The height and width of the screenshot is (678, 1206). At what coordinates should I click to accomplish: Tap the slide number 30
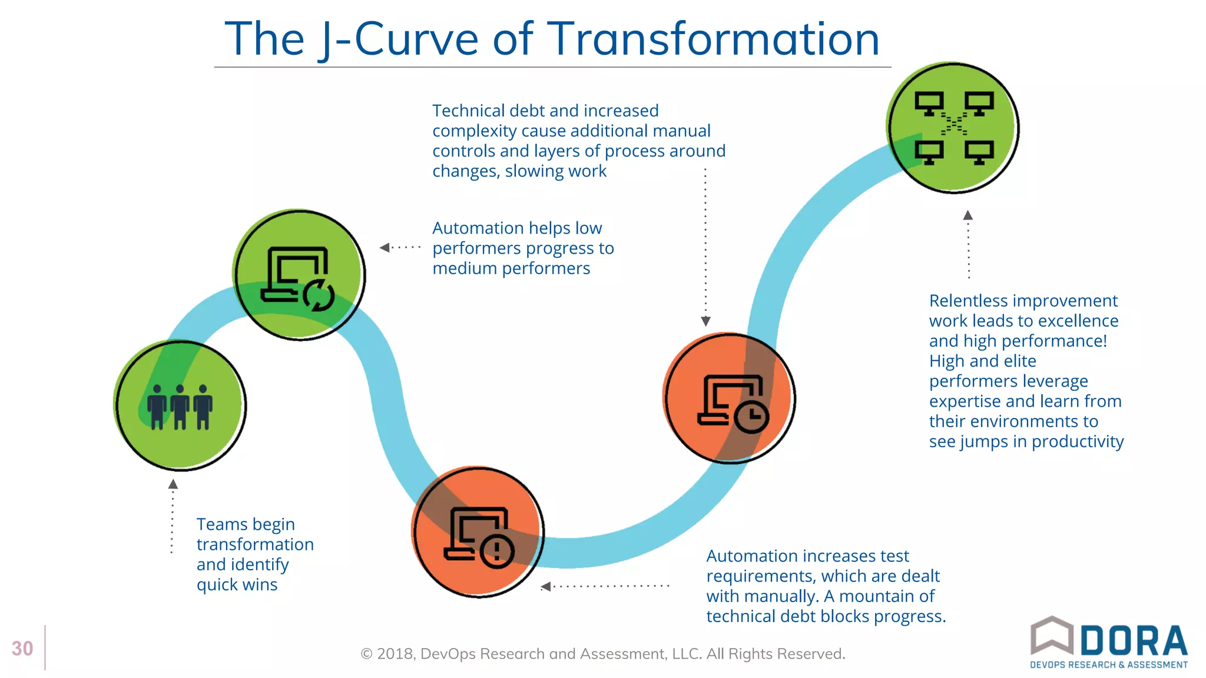point(22,649)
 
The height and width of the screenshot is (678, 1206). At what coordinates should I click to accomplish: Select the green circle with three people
point(180,405)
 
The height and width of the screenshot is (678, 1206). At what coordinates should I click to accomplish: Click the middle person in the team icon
point(180,406)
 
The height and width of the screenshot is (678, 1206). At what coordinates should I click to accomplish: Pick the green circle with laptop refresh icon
point(299,275)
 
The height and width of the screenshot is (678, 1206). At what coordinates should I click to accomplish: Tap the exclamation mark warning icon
point(497,550)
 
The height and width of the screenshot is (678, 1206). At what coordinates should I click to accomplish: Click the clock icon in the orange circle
point(751,417)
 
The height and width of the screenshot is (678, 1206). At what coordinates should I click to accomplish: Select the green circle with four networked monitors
point(953,128)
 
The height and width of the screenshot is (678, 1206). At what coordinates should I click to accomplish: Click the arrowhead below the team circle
point(173,484)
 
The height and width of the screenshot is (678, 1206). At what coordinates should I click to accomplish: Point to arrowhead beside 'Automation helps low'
point(385,248)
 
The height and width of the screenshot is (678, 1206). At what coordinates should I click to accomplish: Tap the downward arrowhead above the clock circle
point(705,321)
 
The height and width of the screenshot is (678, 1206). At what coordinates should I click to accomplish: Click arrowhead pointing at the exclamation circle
point(546,586)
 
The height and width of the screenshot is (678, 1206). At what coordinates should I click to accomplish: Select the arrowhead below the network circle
point(968,215)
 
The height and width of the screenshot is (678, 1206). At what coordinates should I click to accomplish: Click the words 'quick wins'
point(237,585)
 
